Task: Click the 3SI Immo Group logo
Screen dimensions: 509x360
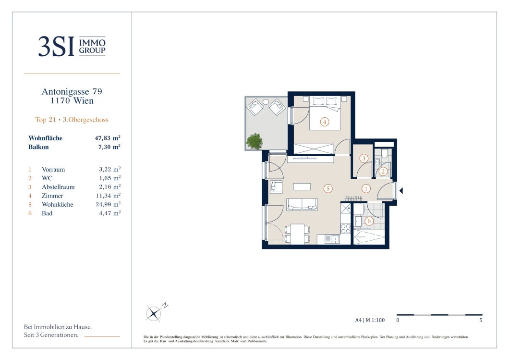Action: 72,47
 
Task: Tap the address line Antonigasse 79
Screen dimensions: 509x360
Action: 72,92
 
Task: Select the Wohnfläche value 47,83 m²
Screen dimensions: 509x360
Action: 108,138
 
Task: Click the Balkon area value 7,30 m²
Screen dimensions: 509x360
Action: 109,147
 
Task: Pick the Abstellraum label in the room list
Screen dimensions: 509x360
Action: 58,187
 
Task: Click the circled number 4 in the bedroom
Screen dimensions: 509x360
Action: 324,122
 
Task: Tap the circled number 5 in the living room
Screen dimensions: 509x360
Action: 328,188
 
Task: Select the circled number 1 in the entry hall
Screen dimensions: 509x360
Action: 366,188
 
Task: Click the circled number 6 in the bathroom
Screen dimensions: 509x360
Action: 369,221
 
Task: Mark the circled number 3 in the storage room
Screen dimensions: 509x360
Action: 364,158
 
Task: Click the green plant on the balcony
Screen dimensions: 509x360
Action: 254,141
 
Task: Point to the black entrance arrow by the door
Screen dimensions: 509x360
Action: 401,191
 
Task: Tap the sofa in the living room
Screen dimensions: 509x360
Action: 302,205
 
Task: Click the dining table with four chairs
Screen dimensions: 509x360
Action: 297,234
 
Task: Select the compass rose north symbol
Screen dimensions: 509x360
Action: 154,313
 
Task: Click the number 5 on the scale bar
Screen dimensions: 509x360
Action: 481,320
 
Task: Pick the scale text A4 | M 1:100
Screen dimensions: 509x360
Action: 370,320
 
